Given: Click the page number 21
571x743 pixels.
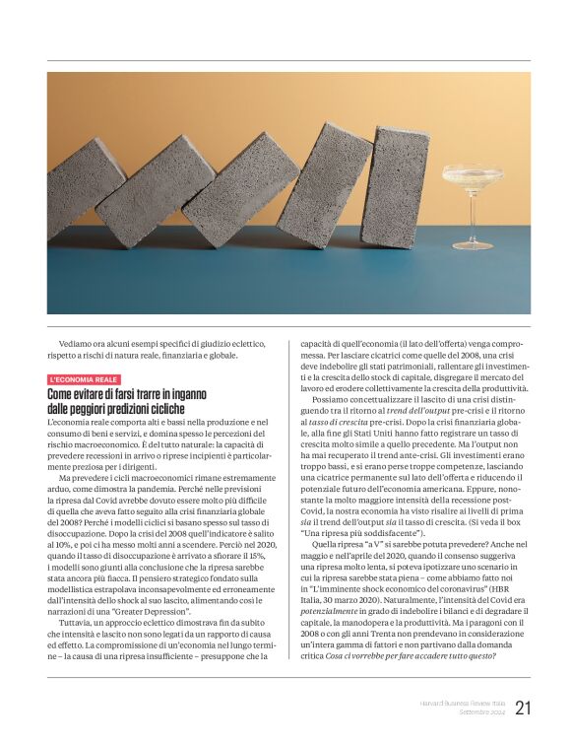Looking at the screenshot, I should coord(523,707).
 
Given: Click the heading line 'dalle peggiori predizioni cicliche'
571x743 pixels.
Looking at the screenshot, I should coord(115,408).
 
